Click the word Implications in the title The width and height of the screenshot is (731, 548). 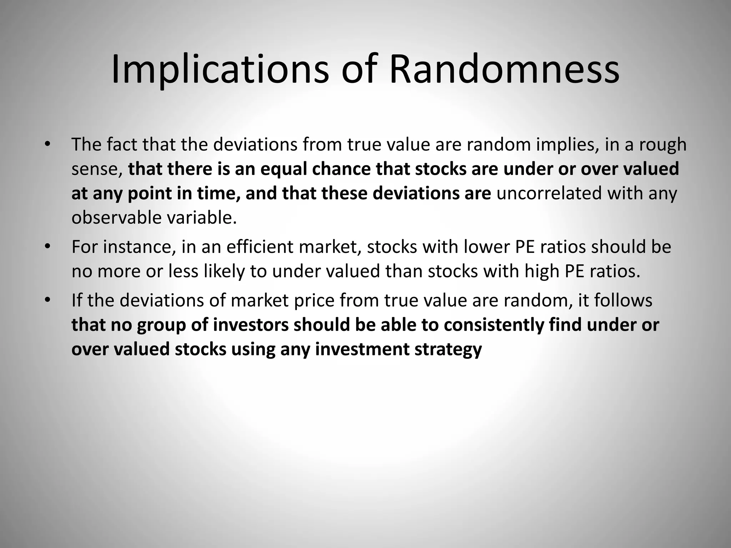(220, 70)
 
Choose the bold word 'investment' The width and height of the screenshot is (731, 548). (362, 349)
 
